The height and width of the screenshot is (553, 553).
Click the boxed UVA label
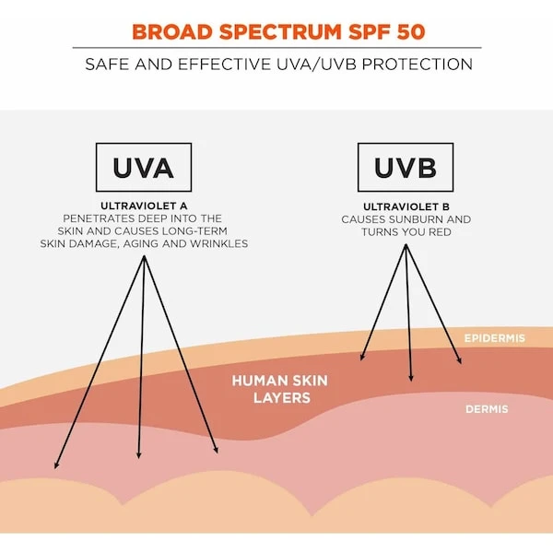144,167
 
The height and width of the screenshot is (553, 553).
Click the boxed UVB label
406,167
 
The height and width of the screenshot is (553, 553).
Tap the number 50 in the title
411,32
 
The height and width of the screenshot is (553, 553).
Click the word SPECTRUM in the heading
280,32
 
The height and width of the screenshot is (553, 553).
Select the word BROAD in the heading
172,32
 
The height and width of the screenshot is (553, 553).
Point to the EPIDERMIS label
494,338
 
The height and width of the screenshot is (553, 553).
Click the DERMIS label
487,409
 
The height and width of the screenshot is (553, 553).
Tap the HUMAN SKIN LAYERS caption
280,389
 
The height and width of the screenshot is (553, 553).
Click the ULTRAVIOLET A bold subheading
144,206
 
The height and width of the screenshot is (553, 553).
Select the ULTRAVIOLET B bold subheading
406,206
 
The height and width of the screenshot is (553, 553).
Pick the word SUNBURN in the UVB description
416,219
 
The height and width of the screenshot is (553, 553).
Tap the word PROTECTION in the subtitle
418,65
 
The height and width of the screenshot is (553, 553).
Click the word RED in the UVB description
441,232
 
